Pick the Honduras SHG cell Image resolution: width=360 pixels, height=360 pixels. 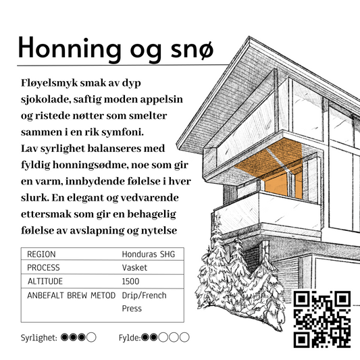[x=149, y=255]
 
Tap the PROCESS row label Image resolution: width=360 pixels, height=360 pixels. [x=45, y=268]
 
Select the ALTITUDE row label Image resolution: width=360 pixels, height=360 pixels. [x=47, y=281]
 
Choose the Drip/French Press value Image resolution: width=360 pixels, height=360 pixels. [x=144, y=301]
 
